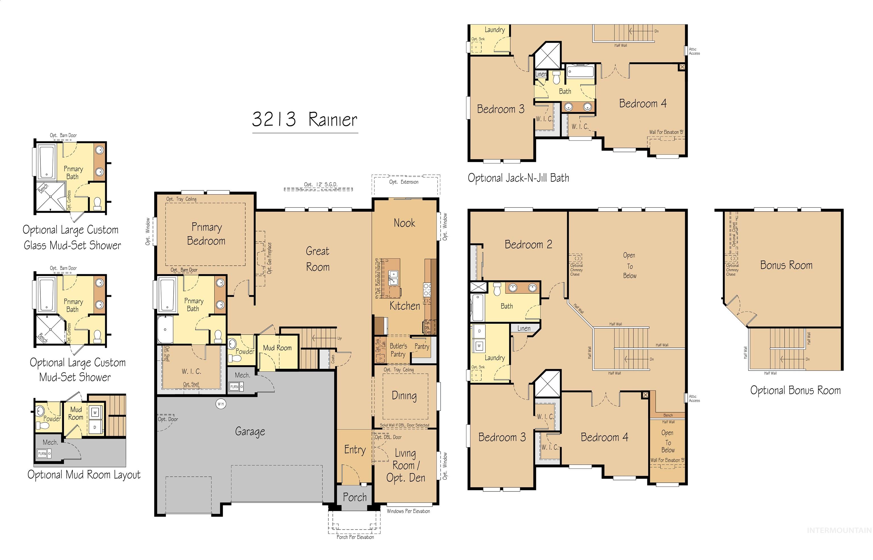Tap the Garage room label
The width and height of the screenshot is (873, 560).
coord(250,432)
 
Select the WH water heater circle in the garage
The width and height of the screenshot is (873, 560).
coord(221,404)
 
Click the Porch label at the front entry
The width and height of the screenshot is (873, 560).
coord(355,497)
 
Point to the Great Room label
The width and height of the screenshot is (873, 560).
coord(317,259)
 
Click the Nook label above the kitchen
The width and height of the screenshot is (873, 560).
coord(404,223)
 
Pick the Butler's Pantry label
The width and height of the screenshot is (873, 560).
coord(398,350)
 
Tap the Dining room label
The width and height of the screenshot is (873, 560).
coord(404,396)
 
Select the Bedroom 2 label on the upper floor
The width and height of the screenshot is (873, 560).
coord(528,245)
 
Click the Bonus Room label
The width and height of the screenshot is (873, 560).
coord(786,265)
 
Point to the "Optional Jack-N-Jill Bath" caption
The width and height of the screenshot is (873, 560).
coord(518,178)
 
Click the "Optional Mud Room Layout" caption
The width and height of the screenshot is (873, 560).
coord(84,475)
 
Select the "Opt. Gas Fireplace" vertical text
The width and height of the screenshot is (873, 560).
coord(269,258)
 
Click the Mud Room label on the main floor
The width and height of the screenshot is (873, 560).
coord(277,348)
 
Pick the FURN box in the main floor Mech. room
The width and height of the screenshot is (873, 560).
coord(234,387)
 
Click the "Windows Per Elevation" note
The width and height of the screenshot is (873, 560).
coord(408,511)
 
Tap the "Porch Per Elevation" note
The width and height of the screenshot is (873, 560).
coord(355,537)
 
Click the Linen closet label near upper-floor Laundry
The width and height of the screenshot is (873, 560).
coord(523,328)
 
